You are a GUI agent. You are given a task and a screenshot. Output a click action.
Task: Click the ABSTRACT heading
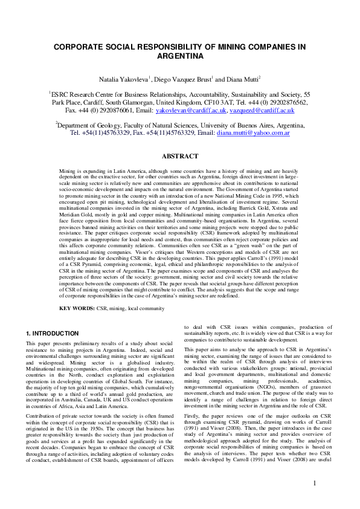click(180, 156)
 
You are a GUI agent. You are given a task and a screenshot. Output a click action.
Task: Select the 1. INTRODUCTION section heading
click(53, 334)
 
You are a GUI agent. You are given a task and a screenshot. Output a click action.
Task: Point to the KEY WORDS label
click(77, 308)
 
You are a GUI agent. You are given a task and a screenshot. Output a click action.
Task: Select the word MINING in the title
click(239, 46)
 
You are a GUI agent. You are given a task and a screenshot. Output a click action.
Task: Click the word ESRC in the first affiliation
click(62, 95)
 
